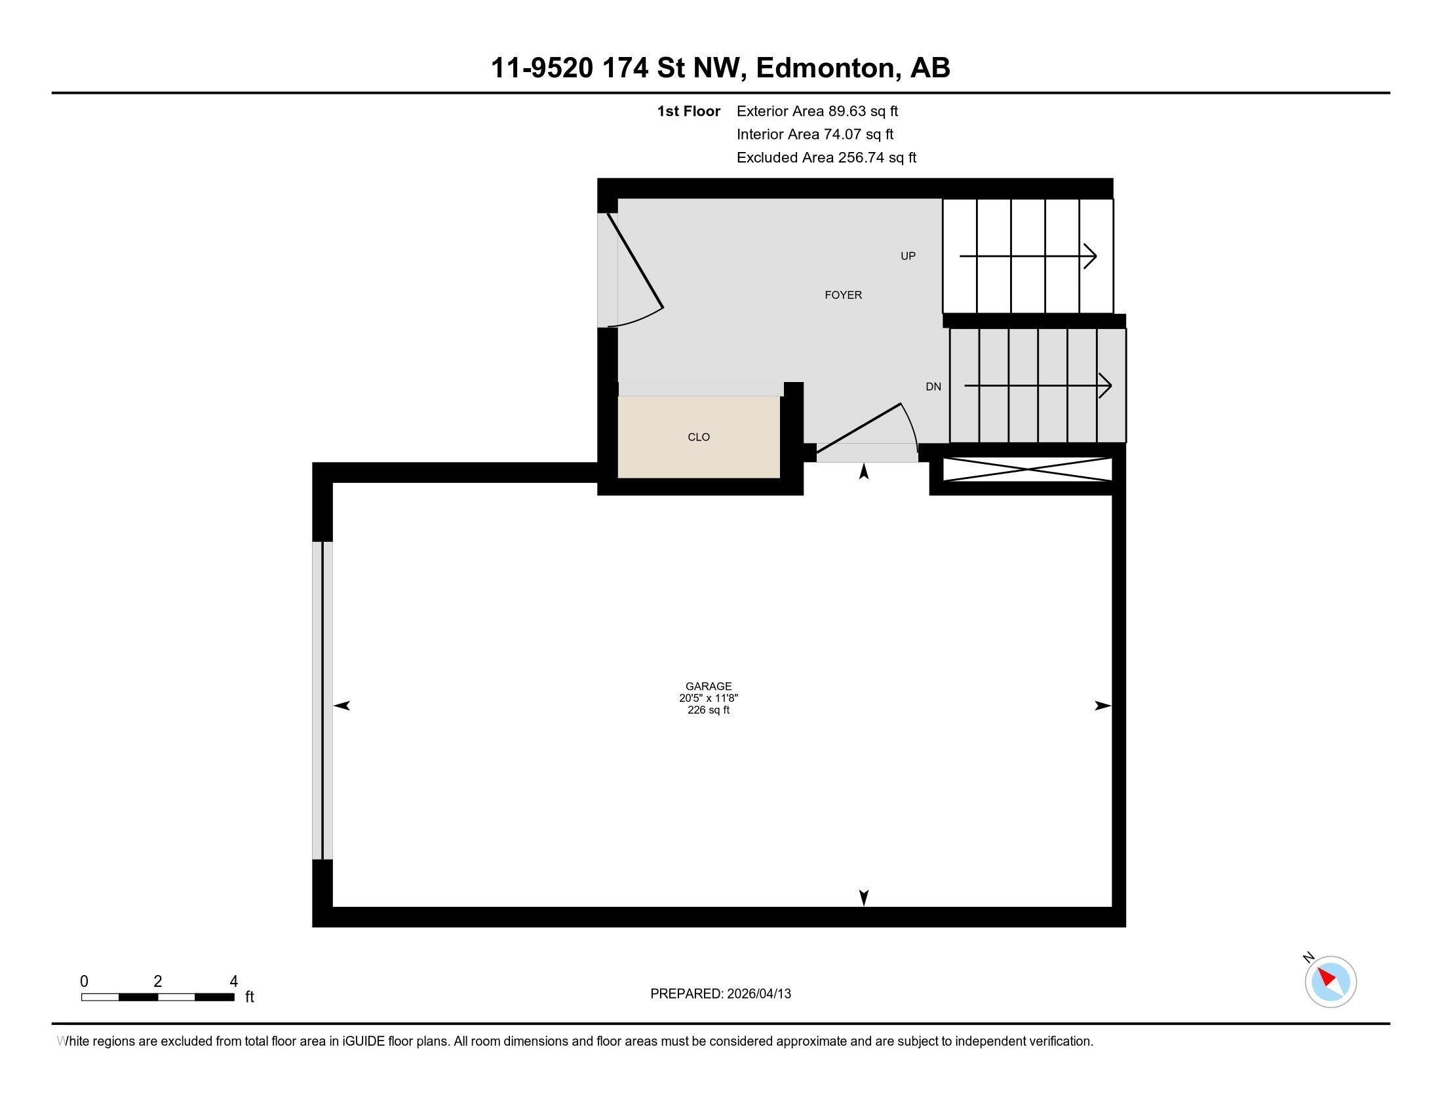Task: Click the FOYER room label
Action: pos(843,295)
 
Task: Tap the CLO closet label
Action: pos(699,437)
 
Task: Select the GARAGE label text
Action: pos(709,686)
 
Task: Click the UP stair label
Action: pos(908,256)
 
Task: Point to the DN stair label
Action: pos(933,387)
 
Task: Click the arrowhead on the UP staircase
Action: pos(1091,256)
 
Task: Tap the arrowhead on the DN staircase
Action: pos(1106,385)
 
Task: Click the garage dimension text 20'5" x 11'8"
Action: pos(709,699)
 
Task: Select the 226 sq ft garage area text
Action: pos(709,710)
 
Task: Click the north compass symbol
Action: pos(1330,982)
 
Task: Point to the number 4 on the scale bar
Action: pos(233,982)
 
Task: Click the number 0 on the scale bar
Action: pos(84,982)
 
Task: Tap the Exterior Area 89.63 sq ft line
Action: pos(817,111)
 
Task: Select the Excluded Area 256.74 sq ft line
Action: pos(826,158)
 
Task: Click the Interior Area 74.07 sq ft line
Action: pos(815,134)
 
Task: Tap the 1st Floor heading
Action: pos(688,111)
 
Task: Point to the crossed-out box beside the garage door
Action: pos(1026,469)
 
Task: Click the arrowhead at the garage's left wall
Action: pos(341,706)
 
